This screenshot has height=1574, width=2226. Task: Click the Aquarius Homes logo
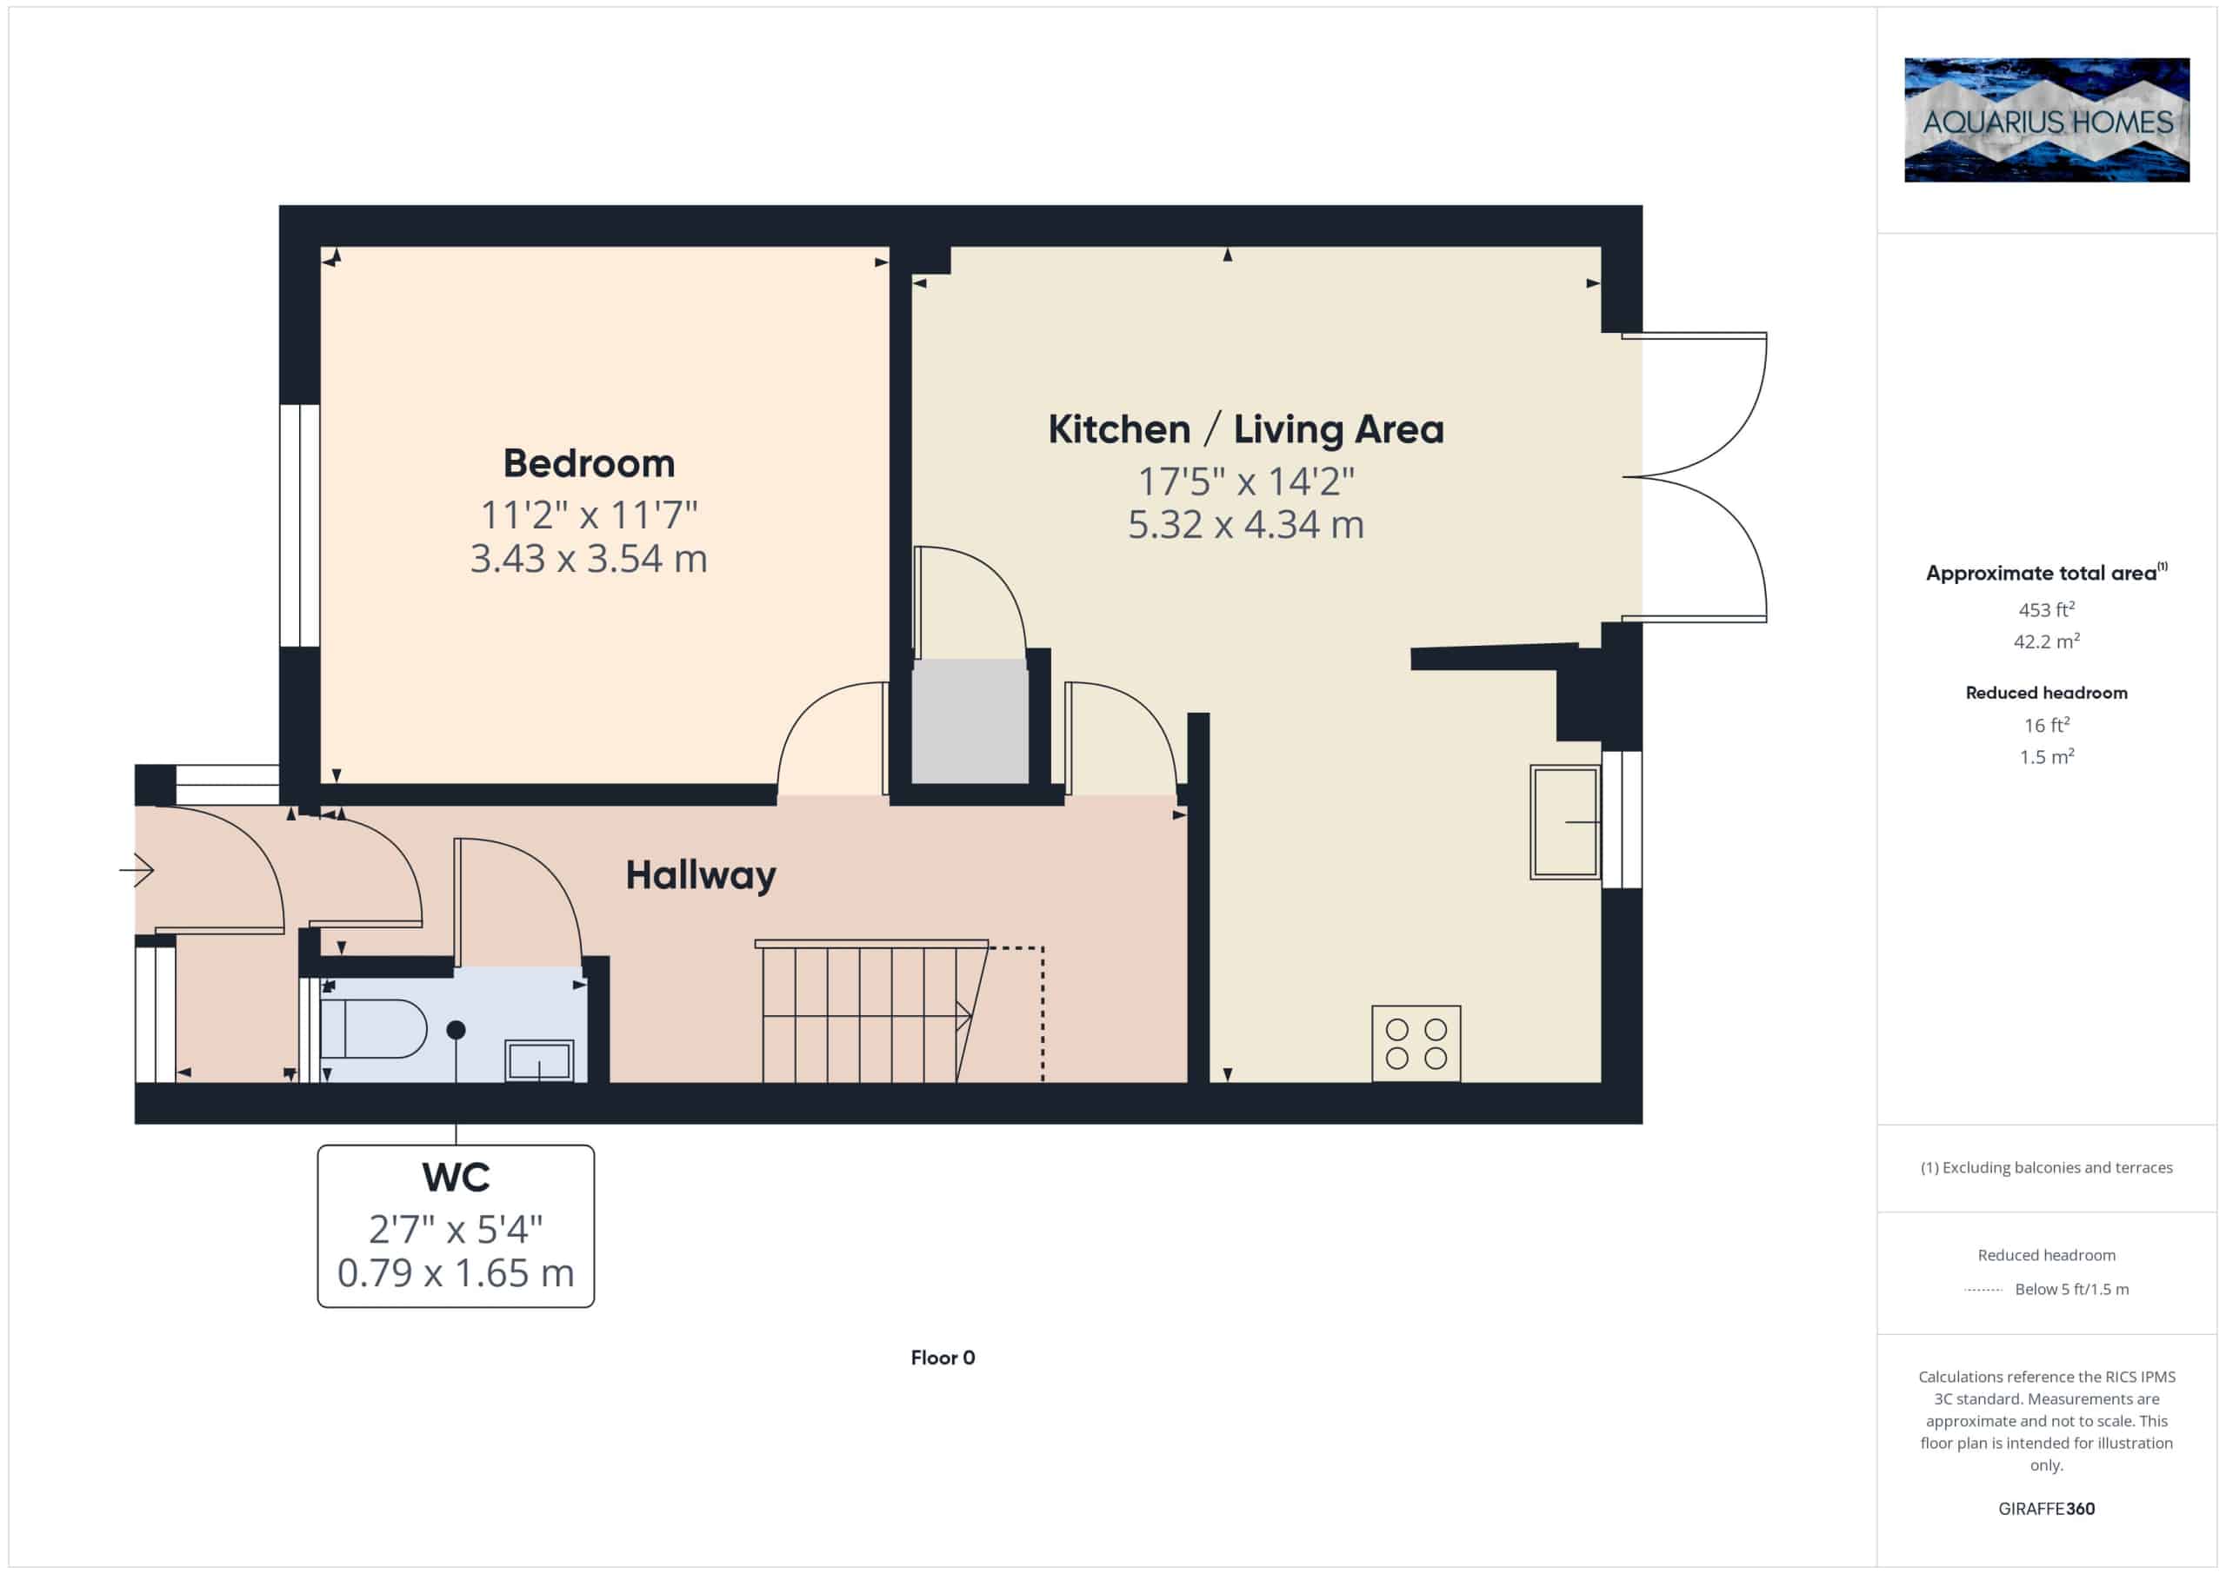2046,120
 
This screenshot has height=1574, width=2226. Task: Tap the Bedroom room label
589,463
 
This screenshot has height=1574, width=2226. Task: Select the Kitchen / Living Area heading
1246,429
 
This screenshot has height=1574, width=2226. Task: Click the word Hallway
700,876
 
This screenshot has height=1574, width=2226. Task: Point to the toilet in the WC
373,1028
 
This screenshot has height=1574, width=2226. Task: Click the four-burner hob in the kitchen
1416,1043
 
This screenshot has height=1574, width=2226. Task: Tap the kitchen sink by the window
1565,822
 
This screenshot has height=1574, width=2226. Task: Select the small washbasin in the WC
539,1060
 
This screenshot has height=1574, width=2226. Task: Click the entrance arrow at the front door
137,869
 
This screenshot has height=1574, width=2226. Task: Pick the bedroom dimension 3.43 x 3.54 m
589,558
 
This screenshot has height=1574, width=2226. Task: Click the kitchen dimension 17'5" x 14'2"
1246,481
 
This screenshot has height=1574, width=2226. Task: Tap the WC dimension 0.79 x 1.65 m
456,1272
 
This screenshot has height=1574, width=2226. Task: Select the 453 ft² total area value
2046,609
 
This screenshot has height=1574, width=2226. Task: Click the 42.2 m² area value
2046,641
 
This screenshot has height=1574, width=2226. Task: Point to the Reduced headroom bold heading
2046,693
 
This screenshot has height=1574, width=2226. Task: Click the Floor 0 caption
943,1358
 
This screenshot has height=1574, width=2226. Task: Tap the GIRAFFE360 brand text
2046,1509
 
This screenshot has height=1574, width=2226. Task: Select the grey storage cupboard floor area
970,722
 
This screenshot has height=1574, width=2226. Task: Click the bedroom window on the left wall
300,525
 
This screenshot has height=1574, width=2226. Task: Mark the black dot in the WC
456,1029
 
